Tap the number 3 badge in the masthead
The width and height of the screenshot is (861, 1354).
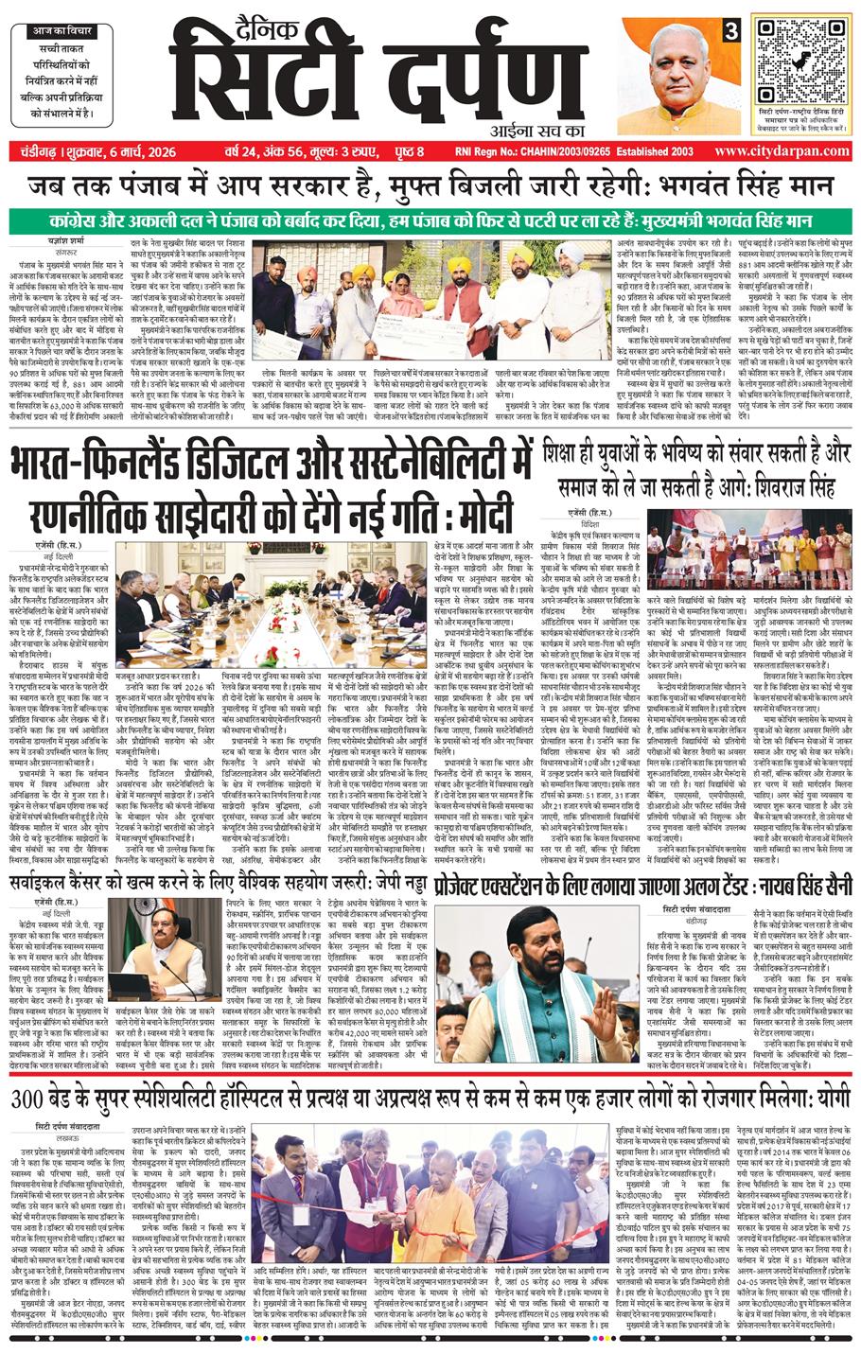pos(730,30)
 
